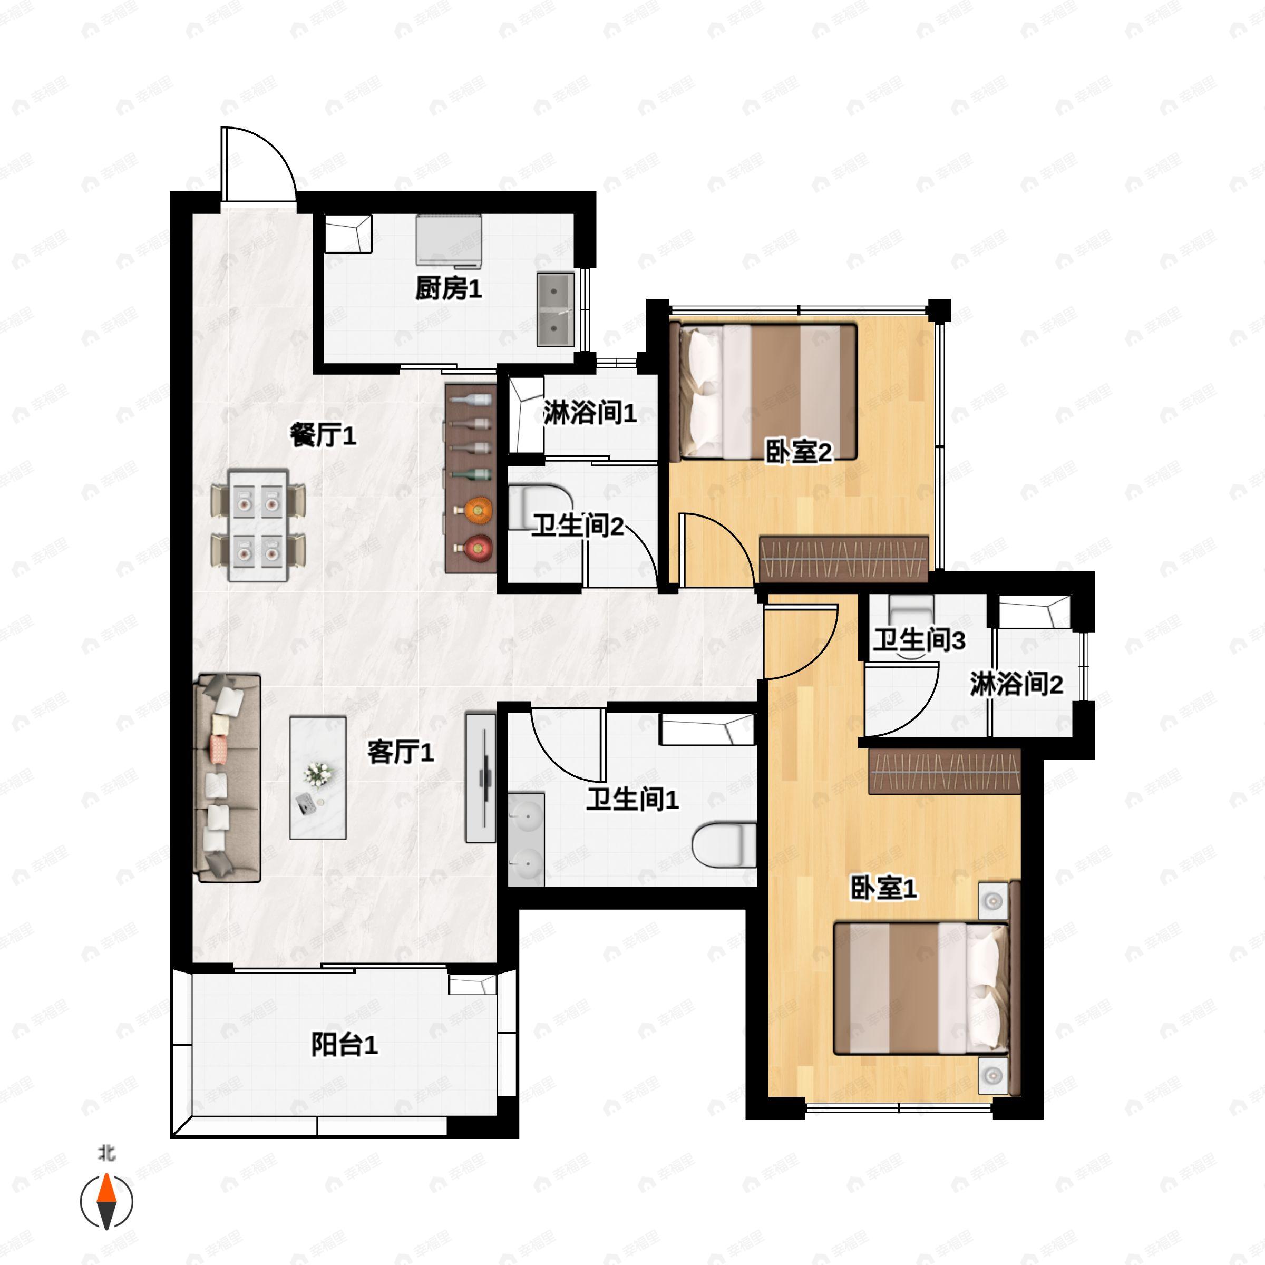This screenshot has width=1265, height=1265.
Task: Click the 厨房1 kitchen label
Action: (449, 288)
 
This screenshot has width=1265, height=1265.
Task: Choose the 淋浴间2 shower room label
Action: (1016, 684)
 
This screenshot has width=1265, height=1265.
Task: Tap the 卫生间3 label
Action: (919, 640)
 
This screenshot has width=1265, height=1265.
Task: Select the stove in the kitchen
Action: (449, 241)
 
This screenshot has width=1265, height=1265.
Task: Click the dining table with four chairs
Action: (258, 524)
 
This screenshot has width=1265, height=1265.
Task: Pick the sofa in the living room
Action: (228, 778)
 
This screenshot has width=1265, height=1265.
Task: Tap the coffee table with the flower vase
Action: (318, 778)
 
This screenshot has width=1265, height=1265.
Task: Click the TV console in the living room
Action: (481, 778)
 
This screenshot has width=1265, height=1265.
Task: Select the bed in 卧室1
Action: (920, 989)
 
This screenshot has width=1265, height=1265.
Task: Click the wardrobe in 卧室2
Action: (844, 559)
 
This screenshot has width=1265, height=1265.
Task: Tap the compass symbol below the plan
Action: (106, 1202)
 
